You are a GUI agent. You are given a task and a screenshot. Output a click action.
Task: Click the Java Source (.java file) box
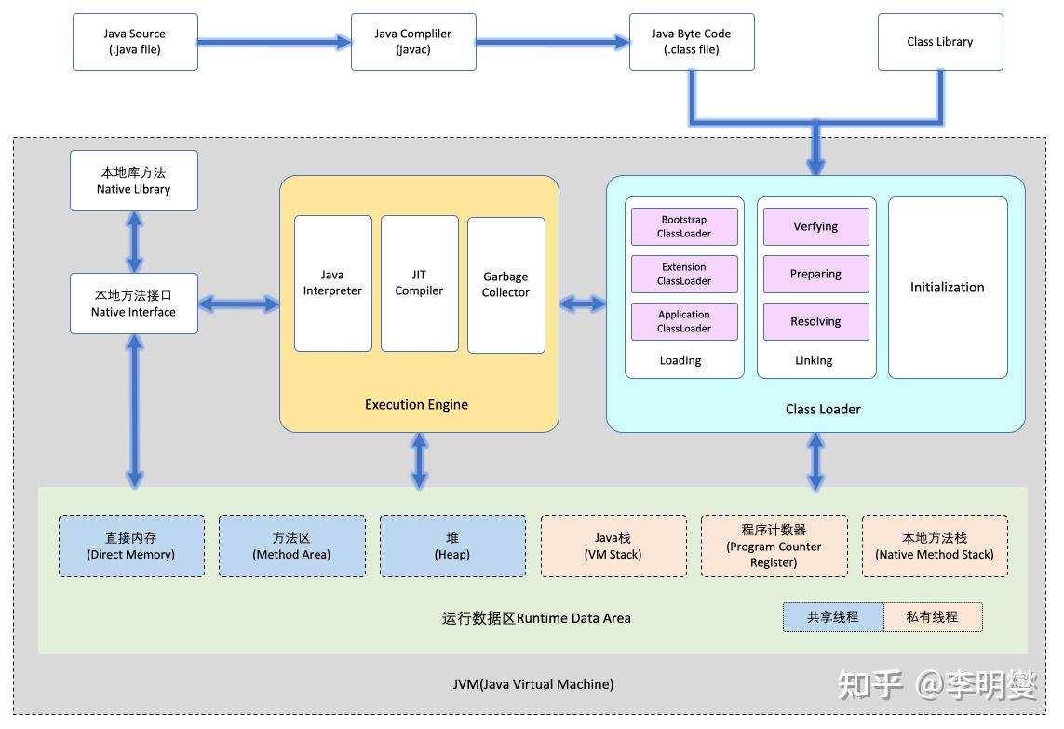tap(135, 42)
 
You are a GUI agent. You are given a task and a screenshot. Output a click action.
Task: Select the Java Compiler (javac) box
tap(412, 42)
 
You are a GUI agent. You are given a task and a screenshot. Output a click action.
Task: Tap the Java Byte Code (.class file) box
tap(691, 42)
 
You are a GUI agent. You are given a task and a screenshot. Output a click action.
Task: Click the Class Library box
tap(939, 42)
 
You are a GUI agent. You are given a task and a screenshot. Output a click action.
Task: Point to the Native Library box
tap(134, 181)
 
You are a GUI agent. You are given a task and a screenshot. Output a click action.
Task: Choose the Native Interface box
tap(134, 304)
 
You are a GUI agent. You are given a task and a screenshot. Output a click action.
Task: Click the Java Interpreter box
tap(332, 283)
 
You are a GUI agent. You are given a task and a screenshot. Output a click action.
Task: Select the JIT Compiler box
tap(419, 283)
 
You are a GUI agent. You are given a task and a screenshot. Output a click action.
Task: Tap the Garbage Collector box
tap(505, 285)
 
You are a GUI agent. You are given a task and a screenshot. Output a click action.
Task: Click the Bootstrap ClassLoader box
tap(684, 226)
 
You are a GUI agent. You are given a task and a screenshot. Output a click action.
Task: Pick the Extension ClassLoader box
tap(684, 274)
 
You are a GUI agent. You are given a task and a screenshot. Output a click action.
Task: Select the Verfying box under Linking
tap(815, 226)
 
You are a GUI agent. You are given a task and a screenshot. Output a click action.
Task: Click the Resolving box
tap(815, 321)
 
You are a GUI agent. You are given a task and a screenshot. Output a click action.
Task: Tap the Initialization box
tap(947, 287)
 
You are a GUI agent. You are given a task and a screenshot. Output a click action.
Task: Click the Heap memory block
tap(452, 547)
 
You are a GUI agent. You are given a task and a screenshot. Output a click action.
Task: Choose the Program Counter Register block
tap(774, 547)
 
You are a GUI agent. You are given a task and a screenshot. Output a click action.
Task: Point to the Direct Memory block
tap(131, 547)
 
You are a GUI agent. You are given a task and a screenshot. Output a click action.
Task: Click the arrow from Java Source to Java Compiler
tap(275, 42)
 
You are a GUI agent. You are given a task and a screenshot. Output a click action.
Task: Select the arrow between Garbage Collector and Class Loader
tap(583, 304)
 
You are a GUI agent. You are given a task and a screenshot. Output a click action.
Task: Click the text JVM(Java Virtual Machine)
tap(532, 684)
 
